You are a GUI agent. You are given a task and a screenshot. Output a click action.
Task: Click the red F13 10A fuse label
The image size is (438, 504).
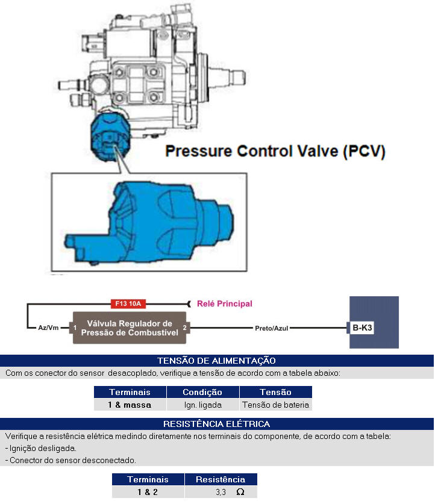click(128, 303)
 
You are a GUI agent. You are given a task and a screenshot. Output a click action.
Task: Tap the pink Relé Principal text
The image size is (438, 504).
click(225, 303)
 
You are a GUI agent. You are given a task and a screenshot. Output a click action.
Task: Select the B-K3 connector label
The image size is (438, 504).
click(362, 328)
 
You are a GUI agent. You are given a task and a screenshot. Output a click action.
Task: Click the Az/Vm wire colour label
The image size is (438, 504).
click(48, 328)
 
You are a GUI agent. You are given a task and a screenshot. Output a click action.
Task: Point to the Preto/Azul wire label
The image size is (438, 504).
click(272, 328)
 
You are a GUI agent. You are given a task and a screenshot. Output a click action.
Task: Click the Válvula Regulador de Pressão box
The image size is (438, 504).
click(130, 328)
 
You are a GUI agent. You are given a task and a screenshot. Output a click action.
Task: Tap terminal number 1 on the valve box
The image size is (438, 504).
click(75, 328)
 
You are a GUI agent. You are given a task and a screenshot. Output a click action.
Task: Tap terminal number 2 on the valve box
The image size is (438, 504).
click(184, 328)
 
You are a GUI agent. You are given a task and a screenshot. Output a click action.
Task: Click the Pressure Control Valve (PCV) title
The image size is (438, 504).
click(275, 151)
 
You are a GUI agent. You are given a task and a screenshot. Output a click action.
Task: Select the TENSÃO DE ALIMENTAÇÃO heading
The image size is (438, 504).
click(216, 361)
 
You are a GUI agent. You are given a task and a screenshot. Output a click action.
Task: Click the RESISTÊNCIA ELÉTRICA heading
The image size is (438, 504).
click(216, 424)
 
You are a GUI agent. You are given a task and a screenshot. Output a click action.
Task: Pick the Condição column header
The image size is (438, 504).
click(202, 392)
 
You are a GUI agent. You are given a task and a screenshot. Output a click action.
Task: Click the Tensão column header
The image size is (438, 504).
click(275, 392)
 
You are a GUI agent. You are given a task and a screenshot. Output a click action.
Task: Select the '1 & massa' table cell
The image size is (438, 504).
click(130, 405)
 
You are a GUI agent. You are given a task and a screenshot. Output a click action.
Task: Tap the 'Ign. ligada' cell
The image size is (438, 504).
click(202, 405)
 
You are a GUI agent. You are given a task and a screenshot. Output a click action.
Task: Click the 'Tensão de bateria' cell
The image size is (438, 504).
click(275, 405)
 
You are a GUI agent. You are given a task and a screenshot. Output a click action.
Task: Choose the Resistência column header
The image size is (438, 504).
click(221, 479)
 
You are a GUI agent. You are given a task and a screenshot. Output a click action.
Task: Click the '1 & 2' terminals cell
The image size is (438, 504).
click(148, 492)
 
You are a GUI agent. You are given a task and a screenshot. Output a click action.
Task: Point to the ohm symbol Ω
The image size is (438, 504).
click(240, 492)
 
